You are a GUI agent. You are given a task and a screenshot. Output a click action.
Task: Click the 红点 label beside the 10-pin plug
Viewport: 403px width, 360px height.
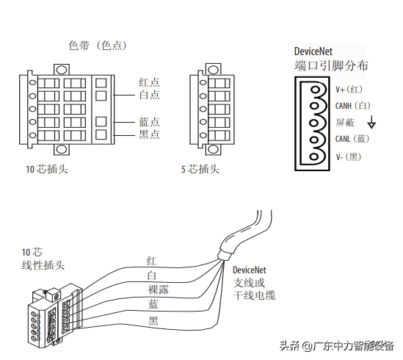[x=149, y=82]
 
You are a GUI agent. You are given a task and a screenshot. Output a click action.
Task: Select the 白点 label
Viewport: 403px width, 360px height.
[x=149, y=95]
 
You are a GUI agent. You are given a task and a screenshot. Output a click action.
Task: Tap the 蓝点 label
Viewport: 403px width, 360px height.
[x=149, y=122]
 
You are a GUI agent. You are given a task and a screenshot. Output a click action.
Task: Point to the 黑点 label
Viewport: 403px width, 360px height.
[x=149, y=134]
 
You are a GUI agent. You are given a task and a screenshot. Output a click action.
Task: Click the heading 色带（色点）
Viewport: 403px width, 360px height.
[x=98, y=46]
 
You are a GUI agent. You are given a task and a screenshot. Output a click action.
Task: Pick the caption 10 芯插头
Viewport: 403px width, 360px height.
[x=47, y=169]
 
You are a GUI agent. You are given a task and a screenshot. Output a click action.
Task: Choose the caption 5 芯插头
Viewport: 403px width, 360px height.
[x=200, y=169]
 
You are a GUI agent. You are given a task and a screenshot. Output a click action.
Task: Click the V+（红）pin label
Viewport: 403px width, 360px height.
[x=349, y=90]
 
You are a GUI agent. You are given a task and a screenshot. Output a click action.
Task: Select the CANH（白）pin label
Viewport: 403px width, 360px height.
[x=352, y=106]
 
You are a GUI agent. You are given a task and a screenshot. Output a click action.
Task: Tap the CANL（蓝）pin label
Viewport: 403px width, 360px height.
[x=352, y=139]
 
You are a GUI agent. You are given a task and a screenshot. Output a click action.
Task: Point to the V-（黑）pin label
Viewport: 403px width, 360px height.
[x=349, y=156]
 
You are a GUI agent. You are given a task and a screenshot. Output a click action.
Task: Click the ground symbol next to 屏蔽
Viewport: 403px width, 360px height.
[x=371, y=122]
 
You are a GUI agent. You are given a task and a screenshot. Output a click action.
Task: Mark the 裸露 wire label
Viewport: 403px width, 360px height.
[x=158, y=289]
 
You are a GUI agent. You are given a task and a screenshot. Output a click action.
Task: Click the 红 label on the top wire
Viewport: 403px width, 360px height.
[x=152, y=261]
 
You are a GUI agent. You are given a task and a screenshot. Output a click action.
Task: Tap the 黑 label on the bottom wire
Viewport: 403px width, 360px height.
[x=153, y=321]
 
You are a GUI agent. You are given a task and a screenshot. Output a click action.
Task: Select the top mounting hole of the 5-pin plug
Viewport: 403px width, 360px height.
[x=213, y=70]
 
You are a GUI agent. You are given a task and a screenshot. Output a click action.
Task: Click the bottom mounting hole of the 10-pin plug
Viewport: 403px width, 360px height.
[x=62, y=149]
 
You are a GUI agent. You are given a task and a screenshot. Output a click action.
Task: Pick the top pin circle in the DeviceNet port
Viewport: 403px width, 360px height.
[x=315, y=90]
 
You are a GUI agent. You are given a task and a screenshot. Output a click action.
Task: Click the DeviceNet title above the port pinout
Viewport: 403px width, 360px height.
[x=313, y=51]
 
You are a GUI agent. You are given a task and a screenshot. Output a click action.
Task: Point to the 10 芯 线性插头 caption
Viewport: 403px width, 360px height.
[x=43, y=259]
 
